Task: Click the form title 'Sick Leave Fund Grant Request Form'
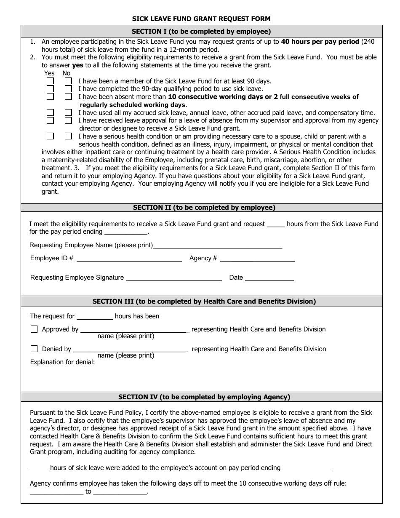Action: pyautogui.click(x=201, y=19)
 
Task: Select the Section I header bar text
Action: pyautogui.click(x=201, y=31)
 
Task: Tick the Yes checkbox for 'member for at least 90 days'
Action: pyautogui.click(x=50, y=81)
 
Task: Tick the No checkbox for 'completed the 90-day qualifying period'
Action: pyautogui.click(x=68, y=89)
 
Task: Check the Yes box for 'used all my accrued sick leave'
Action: pyautogui.click(x=50, y=112)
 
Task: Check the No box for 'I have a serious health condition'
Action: pyautogui.click(x=68, y=136)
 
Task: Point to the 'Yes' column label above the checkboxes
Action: pyautogui.click(x=49, y=73)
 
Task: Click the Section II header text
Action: pyautogui.click(x=204, y=207)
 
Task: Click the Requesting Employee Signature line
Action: pyautogui.click(x=173, y=278)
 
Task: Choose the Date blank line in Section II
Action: pyautogui.click(x=269, y=278)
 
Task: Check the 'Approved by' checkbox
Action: pyautogui.click(x=34, y=329)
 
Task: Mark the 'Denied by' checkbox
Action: pyautogui.click(x=34, y=349)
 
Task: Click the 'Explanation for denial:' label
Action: pyautogui.click(x=62, y=362)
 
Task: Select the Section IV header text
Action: pyautogui.click(x=204, y=397)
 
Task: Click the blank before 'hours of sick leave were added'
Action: pyautogui.click(x=39, y=468)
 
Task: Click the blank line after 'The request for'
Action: pyautogui.click(x=94, y=317)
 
